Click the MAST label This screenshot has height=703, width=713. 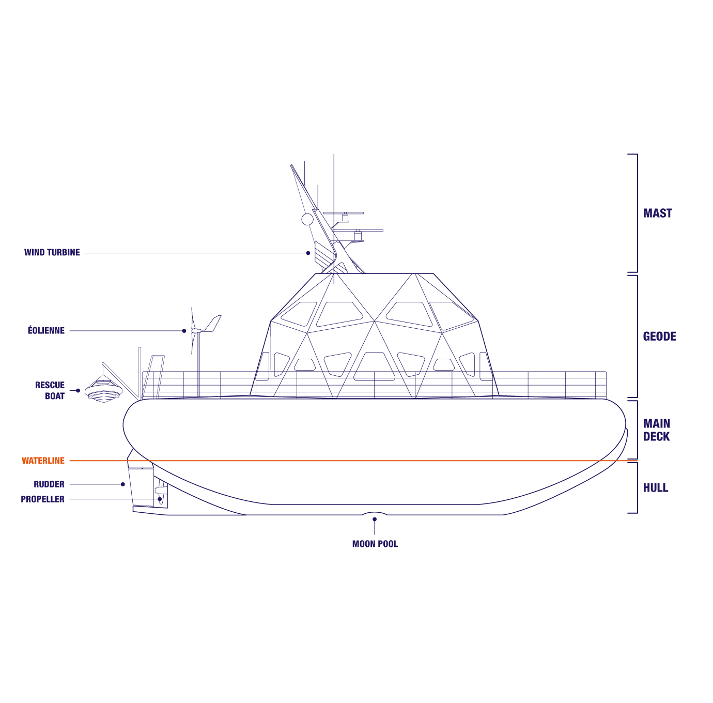pyautogui.click(x=657, y=213)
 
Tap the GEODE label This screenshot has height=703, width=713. pyautogui.click(x=659, y=337)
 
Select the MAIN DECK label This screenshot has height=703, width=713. pyautogui.click(x=656, y=430)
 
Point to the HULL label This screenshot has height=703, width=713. pyautogui.click(x=655, y=487)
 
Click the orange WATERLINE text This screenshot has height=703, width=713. pyautogui.click(x=43, y=461)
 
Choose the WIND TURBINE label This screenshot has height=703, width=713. pyautogui.click(x=52, y=253)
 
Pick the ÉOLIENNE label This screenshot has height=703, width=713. pyautogui.click(x=46, y=331)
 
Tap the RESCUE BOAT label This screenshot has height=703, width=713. pyautogui.click(x=50, y=391)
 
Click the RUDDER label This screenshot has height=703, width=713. pyautogui.click(x=49, y=484)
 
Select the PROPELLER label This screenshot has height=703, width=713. pyautogui.click(x=42, y=499)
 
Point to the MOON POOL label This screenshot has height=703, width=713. pyautogui.click(x=375, y=544)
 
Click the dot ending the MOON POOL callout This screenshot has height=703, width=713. pyautogui.click(x=375, y=519)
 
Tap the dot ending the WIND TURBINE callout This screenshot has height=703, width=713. pyautogui.click(x=308, y=253)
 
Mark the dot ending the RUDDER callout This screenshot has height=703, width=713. pyautogui.click(x=123, y=484)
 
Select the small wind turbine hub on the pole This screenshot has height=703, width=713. pyautogui.click(x=195, y=331)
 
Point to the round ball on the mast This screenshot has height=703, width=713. pyautogui.click(x=307, y=219)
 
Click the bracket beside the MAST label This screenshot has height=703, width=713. pyautogui.click(x=636, y=213)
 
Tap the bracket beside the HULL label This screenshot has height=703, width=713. pyautogui.click(x=636, y=487)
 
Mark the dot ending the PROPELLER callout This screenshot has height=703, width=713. pyautogui.click(x=160, y=499)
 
